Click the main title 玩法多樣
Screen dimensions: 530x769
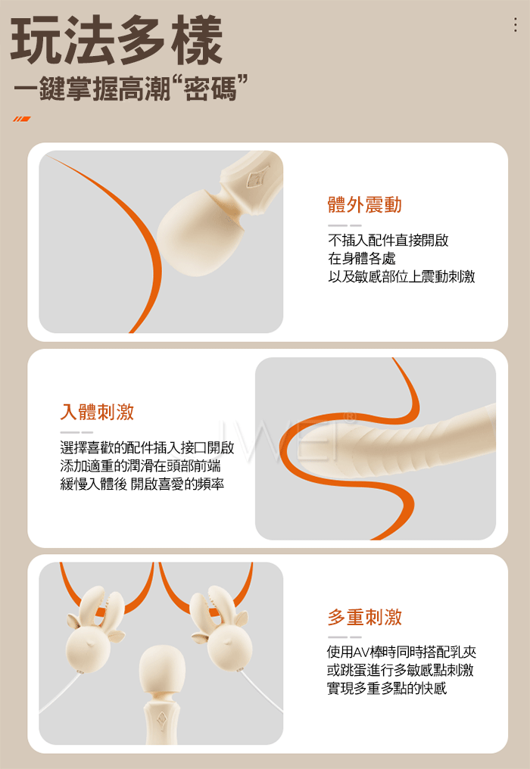(117, 40)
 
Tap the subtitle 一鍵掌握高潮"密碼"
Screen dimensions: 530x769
(130, 89)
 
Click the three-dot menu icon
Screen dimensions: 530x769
(516, 24)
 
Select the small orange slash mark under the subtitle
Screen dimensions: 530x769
(22, 119)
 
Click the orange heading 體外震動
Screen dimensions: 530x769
(365, 204)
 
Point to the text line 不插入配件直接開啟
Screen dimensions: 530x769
(388, 240)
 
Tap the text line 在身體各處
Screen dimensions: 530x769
(362, 258)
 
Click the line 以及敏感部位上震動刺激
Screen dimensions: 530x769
(401, 276)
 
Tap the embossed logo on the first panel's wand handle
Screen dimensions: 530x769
(258, 177)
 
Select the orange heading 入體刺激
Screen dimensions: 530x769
(97, 412)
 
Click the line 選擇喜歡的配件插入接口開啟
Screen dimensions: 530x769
(147, 447)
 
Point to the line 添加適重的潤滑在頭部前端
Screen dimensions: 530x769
(140, 465)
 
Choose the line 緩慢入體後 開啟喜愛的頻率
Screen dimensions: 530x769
(142, 484)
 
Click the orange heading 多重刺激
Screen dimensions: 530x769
(365, 617)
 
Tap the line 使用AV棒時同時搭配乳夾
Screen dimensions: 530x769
(401, 652)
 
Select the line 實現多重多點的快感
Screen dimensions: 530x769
(387, 688)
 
